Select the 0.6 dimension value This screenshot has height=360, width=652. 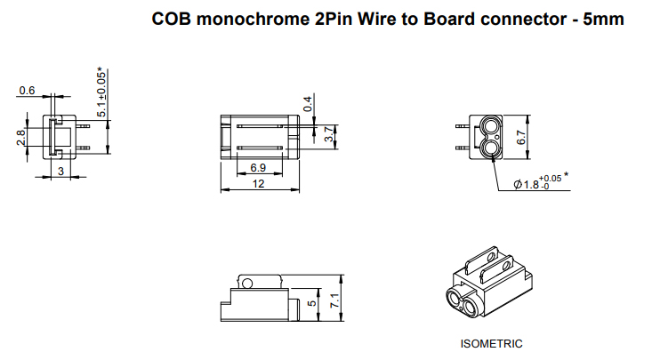point(26,91)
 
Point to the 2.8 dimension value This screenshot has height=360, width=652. point(20,138)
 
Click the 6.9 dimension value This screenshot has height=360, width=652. point(258,168)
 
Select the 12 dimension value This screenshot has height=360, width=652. point(259,184)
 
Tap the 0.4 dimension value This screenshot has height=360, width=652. point(309,104)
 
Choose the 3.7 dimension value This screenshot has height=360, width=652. point(330,136)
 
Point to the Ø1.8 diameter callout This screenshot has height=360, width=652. point(531,184)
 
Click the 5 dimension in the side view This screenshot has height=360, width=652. point(311,304)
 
